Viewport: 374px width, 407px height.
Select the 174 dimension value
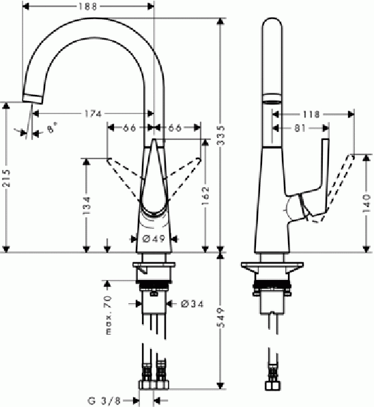coord(94,113)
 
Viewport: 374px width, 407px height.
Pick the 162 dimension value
coord(205,198)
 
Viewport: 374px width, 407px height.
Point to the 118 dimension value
coord(311,115)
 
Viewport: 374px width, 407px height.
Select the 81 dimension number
coord(300,127)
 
